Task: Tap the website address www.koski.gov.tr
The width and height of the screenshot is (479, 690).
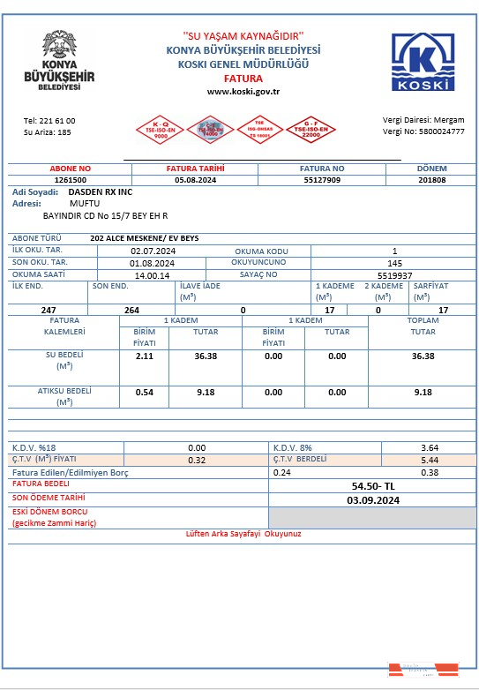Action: (243, 91)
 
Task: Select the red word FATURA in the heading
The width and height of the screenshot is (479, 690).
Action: (243, 79)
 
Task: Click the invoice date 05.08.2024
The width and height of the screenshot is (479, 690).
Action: (195, 179)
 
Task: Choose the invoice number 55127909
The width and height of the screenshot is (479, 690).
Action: (321, 179)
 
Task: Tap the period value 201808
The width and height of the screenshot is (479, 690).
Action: (431, 179)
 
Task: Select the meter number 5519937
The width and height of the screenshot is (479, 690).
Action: (394, 274)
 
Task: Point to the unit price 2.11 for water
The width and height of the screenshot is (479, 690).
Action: (145, 356)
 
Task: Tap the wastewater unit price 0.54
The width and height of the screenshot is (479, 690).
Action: (145, 392)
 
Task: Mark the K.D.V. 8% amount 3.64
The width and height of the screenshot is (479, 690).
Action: (430, 448)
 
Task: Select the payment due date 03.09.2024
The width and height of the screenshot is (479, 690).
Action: (374, 500)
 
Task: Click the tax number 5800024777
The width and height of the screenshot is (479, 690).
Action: (442, 131)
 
